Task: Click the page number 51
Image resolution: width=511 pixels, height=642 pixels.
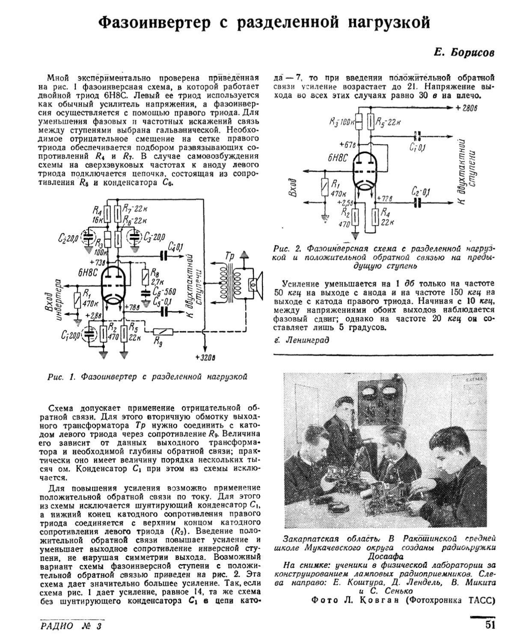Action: click(490, 624)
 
